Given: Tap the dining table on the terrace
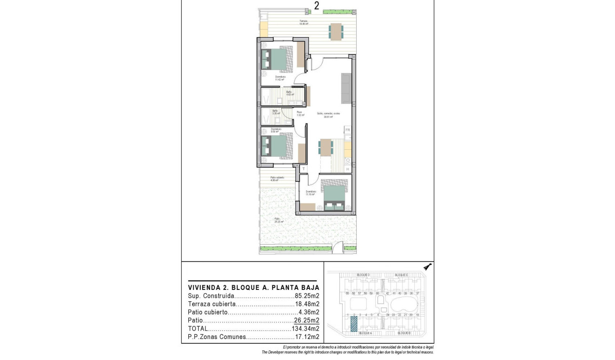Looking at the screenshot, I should tap(336, 31).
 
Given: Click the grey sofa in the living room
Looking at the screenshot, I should tap(346, 89).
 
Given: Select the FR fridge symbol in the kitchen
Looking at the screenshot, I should tap(348, 130).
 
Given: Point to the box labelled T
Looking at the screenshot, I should tap(303, 168).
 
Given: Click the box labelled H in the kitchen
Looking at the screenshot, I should tap(348, 168).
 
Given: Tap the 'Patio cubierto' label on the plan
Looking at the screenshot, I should tap(277, 177).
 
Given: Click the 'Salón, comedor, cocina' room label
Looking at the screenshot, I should tap(328, 113).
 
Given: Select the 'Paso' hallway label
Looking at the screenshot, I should tap(299, 113).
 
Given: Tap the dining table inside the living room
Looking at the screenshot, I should tap(326, 147).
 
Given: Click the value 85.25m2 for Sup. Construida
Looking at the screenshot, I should tap(307, 296).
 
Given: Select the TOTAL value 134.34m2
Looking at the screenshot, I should tap(305, 329).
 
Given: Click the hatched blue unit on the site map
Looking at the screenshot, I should tap(354, 324).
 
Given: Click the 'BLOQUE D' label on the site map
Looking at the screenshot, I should tap(363, 275).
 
